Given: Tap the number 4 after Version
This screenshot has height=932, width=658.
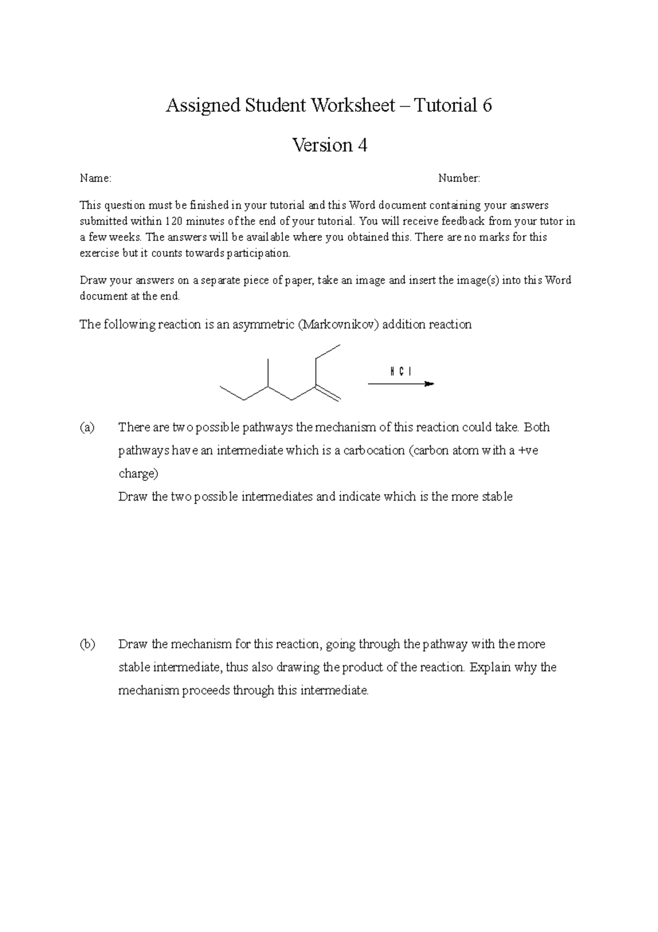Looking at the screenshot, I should click(362, 145).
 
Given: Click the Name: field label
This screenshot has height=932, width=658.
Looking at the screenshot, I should click(95, 178).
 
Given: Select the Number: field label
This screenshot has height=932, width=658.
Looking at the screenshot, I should click(459, 178).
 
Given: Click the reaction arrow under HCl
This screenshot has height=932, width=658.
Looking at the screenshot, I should click(400, 384).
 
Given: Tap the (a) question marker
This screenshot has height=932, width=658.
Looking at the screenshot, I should click(87, 427).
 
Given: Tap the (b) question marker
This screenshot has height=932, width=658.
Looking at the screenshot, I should click(87, 644).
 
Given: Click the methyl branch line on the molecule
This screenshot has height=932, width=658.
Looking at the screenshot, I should click(268, 373).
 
